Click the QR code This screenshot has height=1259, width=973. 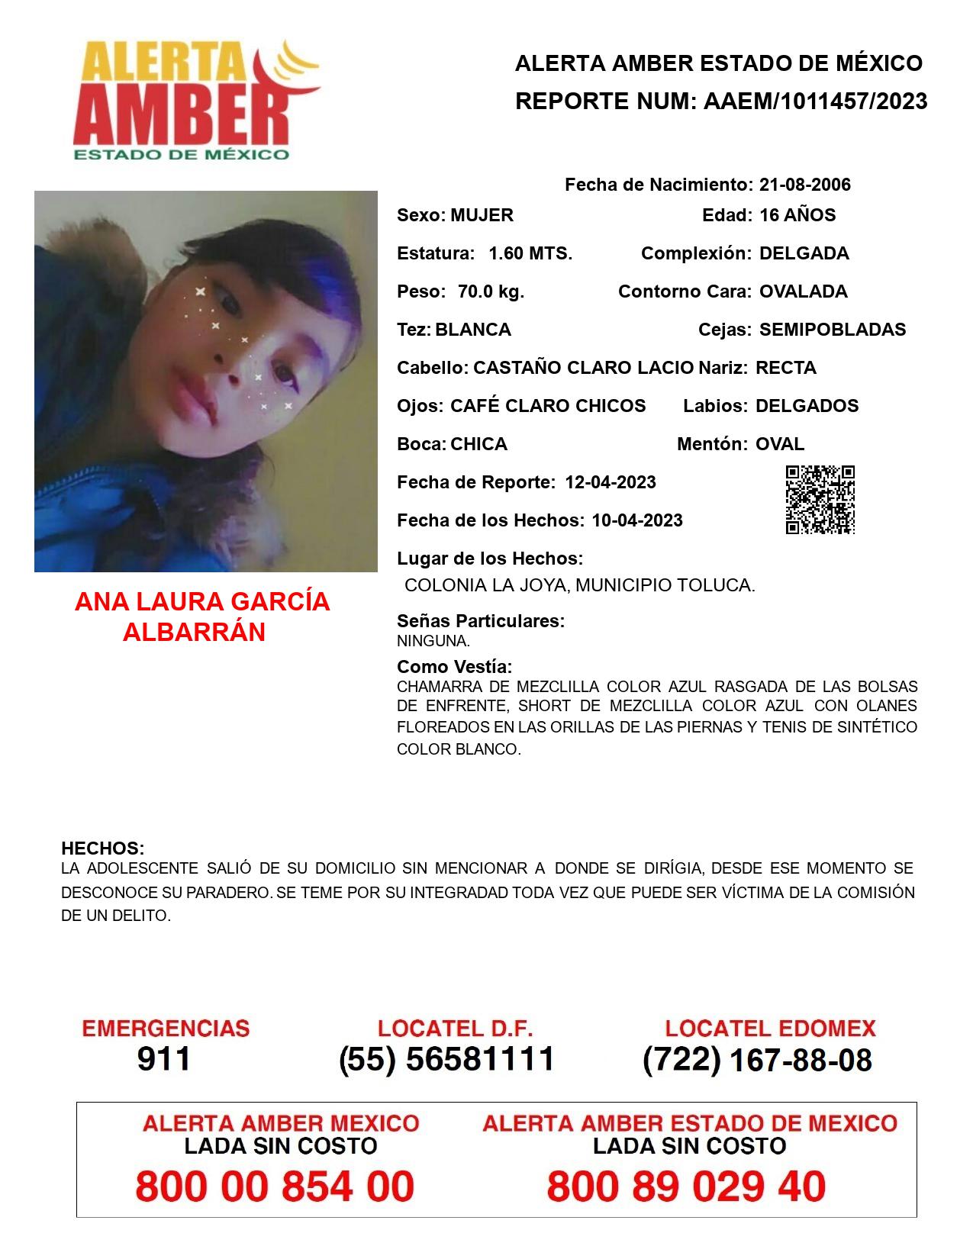(820, 500)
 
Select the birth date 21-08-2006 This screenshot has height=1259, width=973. (804, 185)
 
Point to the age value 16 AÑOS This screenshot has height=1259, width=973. (797, 215)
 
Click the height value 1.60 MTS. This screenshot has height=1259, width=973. (530, 253)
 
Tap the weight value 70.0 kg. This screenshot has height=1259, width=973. (491, 291)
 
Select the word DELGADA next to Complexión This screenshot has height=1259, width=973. (804, 253)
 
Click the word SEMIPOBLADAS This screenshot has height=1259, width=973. (833, 330)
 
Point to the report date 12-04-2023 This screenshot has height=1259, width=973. (611, 482)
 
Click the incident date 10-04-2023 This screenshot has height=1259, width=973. (637, 520)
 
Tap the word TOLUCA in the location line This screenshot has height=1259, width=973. (720, 585)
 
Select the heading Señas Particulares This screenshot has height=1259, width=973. (481, 621)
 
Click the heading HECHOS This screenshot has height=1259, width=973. (103, 848)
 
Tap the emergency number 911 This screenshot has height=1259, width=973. (164, 1059)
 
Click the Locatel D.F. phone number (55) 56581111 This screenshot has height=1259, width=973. (447, 1059)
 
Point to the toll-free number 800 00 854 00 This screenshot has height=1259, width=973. (275, 1187)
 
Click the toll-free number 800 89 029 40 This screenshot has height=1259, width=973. (686, 1187)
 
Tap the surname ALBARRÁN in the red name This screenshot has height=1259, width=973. (194, 633)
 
